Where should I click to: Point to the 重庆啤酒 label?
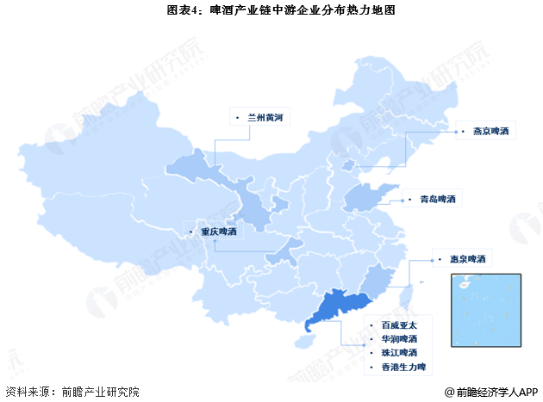point(217,231)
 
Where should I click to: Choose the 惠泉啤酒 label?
point(468,258)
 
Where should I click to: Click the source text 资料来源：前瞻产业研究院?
point(72,392)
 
